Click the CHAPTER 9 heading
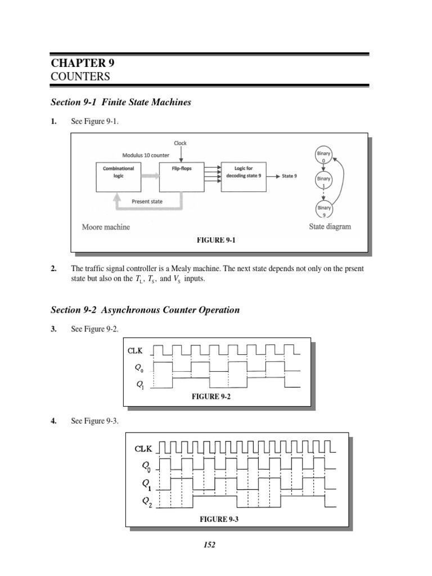pyautogui.click(x=83, y=63)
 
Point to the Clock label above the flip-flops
pyautogui.click(x=181, y=143)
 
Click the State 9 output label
pyautogui.click(x=289, y=176)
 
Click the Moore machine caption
pyautogui.click(x=106, y=227)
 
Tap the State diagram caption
pyautogui.click(x=330, y=227)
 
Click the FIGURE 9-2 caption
pyautogui.click(x=211, y=397)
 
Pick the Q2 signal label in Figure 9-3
pyautogui.click(x=146, y=500)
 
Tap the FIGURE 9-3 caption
pyautogui.click(x=219, y=519)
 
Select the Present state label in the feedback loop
pyautogui.click(x=147, y=200)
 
